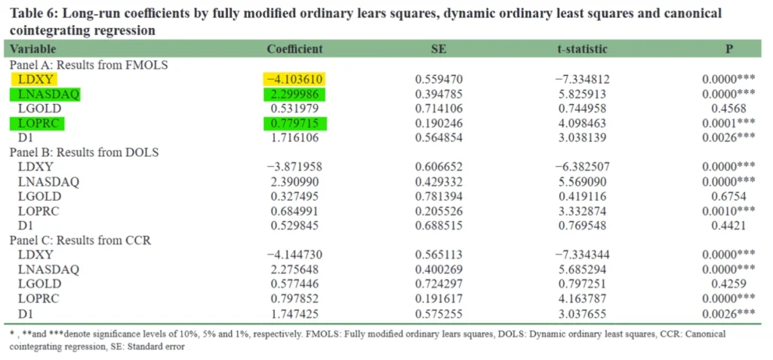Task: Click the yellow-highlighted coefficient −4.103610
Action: click(x=294, y=78)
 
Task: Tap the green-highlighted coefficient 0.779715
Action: click(x=294, y=123)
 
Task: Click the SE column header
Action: click(x=439, y=49)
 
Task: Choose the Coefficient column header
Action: click(x=294, y=49)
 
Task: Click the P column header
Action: click(x=728, y=49)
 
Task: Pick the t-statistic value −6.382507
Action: click(x=581, y=167)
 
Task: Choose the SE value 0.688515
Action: click(x=439, y=225)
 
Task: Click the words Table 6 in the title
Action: click(x=32, y=14)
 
